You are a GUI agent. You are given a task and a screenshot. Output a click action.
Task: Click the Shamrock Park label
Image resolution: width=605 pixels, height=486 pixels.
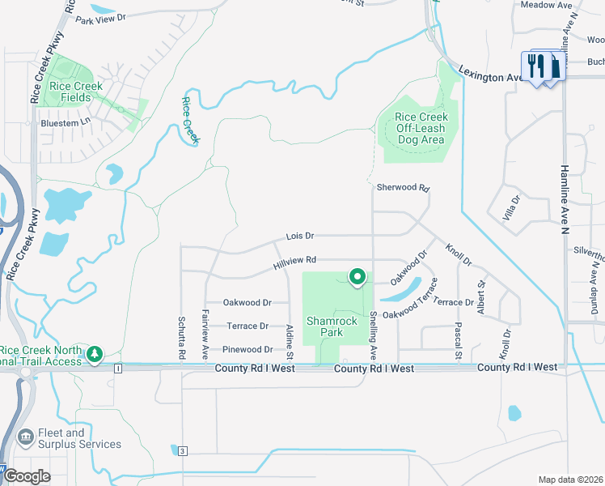tap(332, 326)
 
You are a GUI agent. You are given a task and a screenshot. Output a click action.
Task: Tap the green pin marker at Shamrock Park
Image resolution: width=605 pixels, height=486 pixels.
tap(357, 278)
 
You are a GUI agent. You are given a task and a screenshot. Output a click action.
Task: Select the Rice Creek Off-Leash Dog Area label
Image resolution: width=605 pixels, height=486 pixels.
tap(421, 128)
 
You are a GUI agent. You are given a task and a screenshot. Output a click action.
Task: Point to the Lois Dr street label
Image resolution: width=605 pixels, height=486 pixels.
tap(299, 236)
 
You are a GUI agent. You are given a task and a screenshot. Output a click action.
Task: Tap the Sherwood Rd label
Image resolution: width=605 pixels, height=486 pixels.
tap(403, 187)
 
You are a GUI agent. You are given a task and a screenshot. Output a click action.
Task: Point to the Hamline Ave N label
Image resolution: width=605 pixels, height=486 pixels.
tap(565, 194)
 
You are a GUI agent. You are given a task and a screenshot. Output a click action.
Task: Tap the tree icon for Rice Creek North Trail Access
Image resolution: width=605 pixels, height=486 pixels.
tap(95, 353)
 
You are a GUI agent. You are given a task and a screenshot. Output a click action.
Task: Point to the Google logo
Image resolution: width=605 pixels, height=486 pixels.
tap(27, 476)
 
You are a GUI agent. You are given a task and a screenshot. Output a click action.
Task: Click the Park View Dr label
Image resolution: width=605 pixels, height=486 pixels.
tap(101, 19)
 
